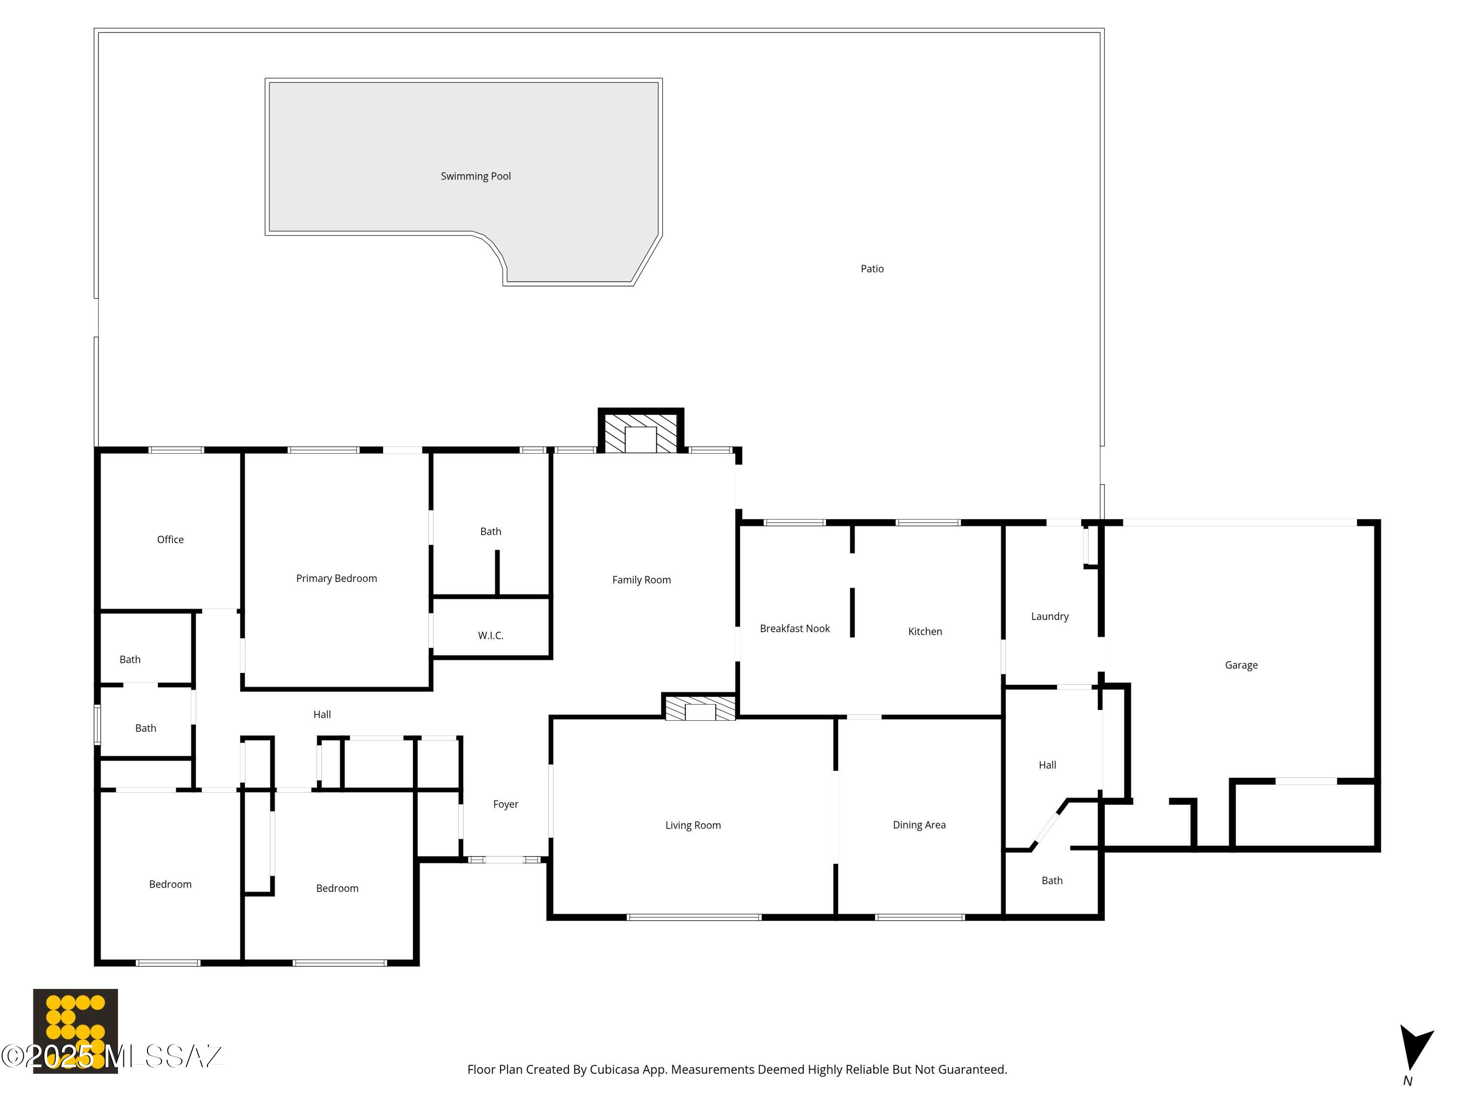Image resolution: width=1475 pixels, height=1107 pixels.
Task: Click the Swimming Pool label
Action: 475,176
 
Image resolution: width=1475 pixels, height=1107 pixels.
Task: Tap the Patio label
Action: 872,269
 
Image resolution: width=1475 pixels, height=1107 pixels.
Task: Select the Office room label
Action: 170,540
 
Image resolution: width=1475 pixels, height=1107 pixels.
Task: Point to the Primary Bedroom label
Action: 336,579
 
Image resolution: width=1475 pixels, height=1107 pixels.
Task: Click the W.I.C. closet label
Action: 490,636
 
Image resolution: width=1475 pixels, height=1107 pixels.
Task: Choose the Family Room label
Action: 641,581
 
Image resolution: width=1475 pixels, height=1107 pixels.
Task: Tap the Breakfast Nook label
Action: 794,629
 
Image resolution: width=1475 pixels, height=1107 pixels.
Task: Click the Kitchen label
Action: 924,632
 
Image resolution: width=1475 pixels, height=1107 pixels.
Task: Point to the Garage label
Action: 1240,665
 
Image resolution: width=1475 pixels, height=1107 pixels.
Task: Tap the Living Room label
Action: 692,826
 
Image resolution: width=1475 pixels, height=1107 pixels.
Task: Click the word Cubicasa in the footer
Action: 614,1070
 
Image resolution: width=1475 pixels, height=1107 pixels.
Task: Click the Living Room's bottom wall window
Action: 693,918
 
